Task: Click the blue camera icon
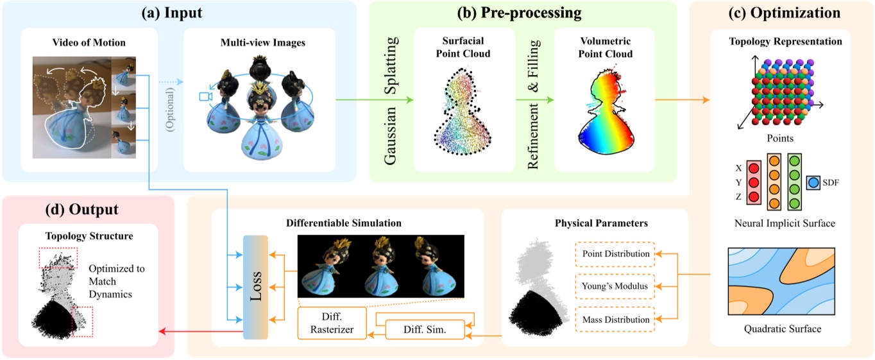pos(205,96)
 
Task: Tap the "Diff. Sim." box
pos(424,330)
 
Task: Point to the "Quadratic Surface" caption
pos(783,329)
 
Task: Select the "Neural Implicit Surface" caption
pos(785,224)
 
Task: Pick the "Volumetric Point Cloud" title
pos(604,47)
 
